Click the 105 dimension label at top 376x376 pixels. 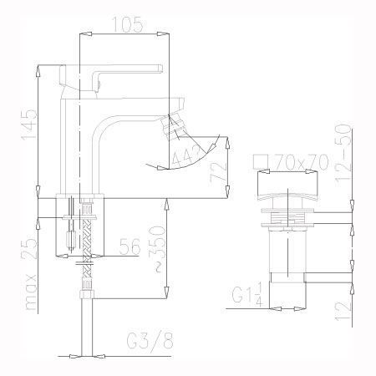coord(128,24)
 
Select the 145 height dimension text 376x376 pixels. coord(29,124)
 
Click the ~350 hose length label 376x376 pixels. coord(158,248)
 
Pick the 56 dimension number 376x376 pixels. coord(130,246)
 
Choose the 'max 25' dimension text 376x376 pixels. coord(29,273)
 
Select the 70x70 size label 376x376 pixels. coord(302,161)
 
